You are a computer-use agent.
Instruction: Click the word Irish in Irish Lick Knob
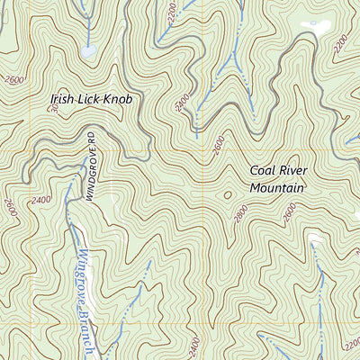pyautogui.click(x=65, y=99)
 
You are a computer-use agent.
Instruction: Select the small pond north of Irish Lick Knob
pyautogui.click(x=88, y=51)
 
